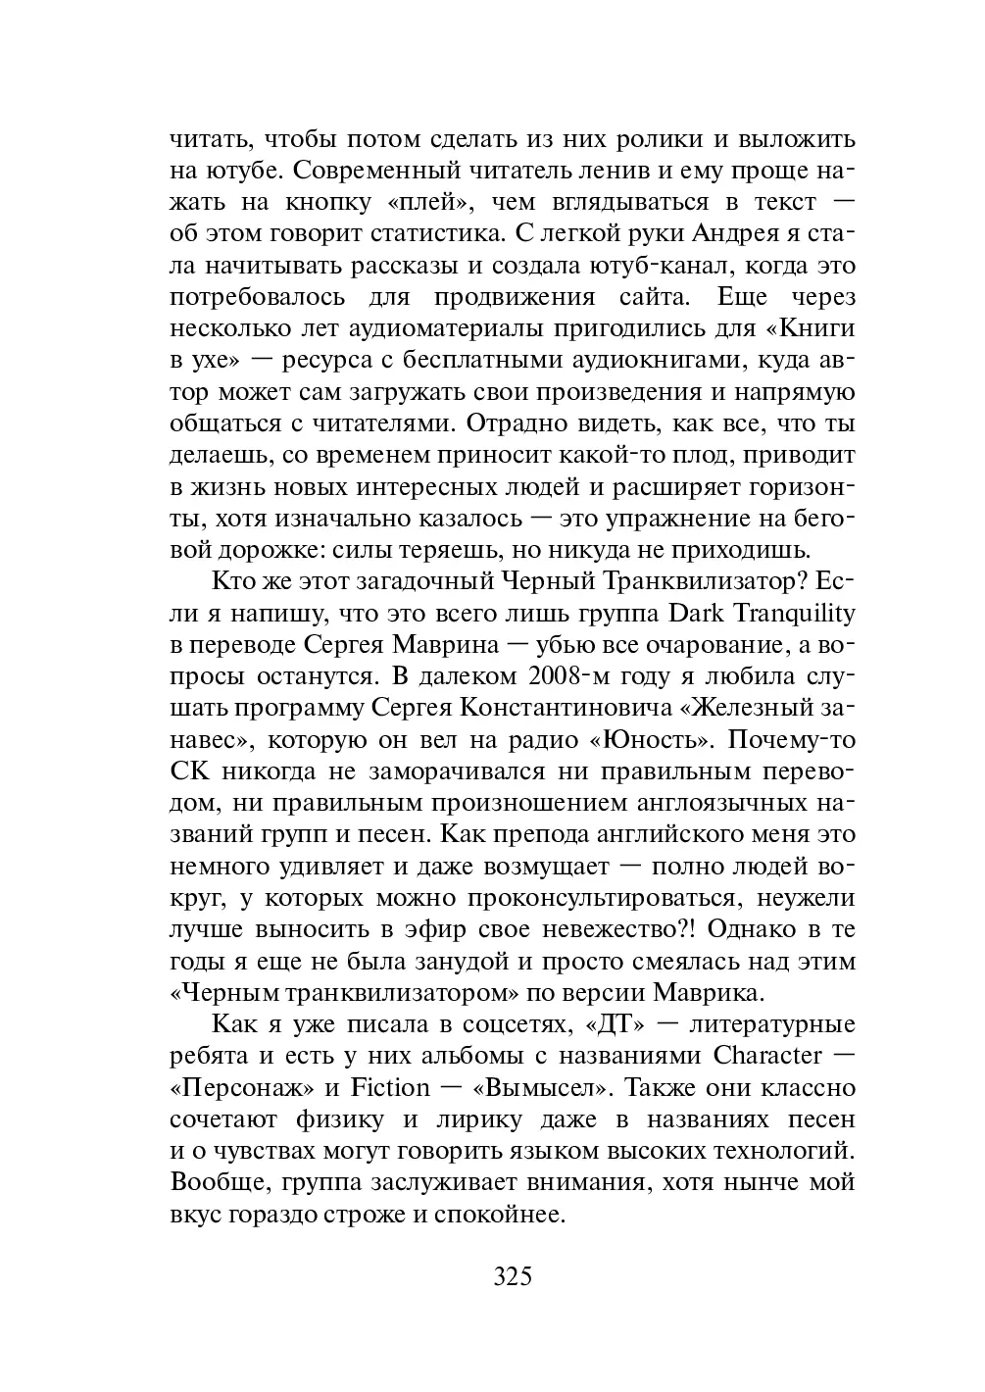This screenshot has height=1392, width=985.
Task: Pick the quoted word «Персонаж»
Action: click(x=241, y=1087)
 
